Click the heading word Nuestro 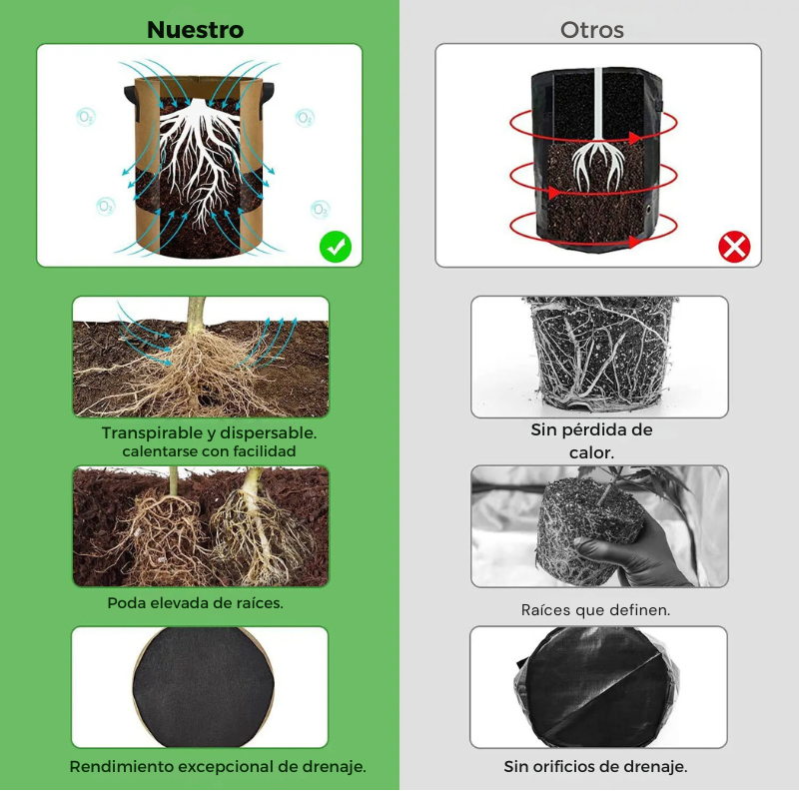[195, 30]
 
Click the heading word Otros [592, 30]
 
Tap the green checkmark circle [336, 247]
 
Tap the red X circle [734, 247]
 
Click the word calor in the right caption [589, 452]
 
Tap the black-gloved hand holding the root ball [627, 555]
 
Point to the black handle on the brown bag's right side [268, 94]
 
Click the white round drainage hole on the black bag [649, 209]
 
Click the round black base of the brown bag [203, 687]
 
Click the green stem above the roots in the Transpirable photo [196, 315]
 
